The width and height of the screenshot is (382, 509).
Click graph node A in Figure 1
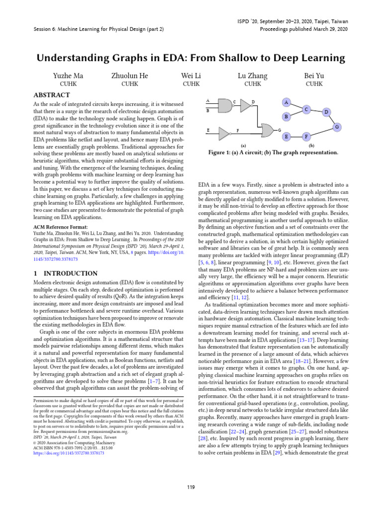[x=286, y=102]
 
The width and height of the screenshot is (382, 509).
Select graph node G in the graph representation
[x=337, y=127]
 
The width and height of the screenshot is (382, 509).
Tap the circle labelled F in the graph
[x=307, y=135]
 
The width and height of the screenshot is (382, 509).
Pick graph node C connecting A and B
[x=306, y=109]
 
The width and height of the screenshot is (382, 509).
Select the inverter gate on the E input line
[x=225, y=133]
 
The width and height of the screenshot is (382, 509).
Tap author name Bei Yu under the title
[x=314, y=76]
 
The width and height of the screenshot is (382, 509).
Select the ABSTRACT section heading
[x=51, y=95]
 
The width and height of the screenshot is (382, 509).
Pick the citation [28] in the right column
[x=203, y=426]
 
